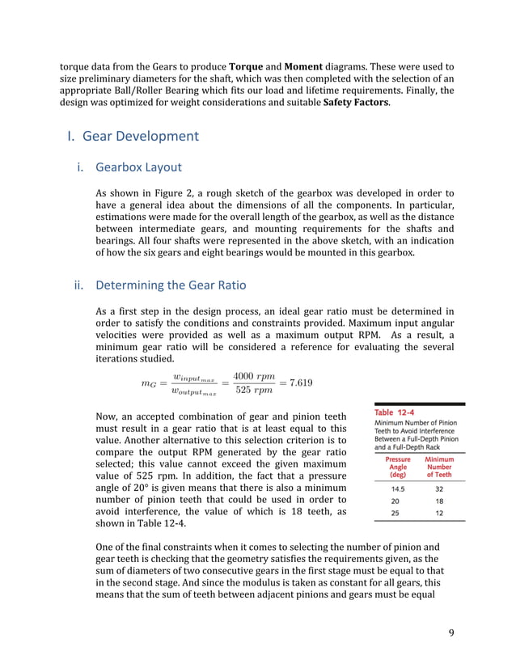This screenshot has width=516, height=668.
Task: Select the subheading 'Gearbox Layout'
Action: click(138, 167)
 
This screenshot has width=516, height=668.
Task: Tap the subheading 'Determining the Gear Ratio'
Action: click(172, 285)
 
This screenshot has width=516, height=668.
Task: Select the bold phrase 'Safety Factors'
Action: click(355, 104)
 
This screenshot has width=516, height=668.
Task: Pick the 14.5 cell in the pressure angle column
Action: click(397, 489)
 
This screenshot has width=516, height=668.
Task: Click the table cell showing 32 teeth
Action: click(439, 489)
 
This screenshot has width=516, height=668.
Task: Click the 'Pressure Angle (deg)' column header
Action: click(397, 467)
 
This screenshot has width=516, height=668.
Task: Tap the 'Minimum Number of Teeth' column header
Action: click(439, 467)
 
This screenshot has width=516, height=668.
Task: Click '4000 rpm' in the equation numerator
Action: click(254, 376)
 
